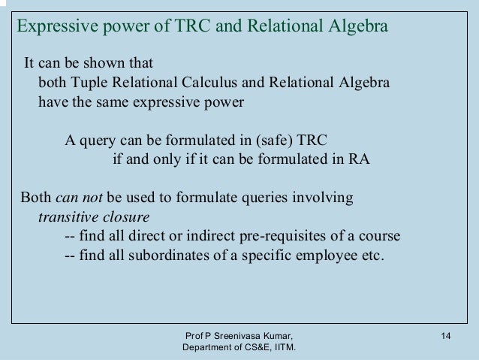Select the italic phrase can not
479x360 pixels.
tap(80, 199)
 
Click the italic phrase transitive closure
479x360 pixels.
tap(93, 218)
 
